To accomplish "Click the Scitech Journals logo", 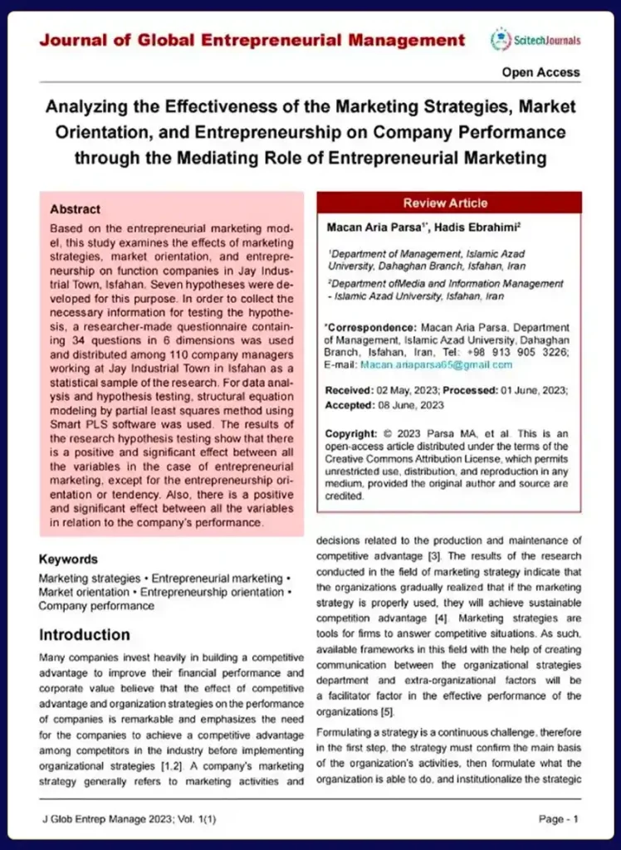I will pos(535,40).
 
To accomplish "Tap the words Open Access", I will pos(540,72).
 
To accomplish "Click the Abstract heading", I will pos(75,209).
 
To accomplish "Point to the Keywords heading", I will pos(68,559).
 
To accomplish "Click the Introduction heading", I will pos(85,635).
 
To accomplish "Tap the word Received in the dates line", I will pos(348,390).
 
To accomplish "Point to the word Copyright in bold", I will pos(351,434).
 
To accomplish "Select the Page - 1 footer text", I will pos(558,819).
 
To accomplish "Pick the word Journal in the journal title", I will pos(73,40).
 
